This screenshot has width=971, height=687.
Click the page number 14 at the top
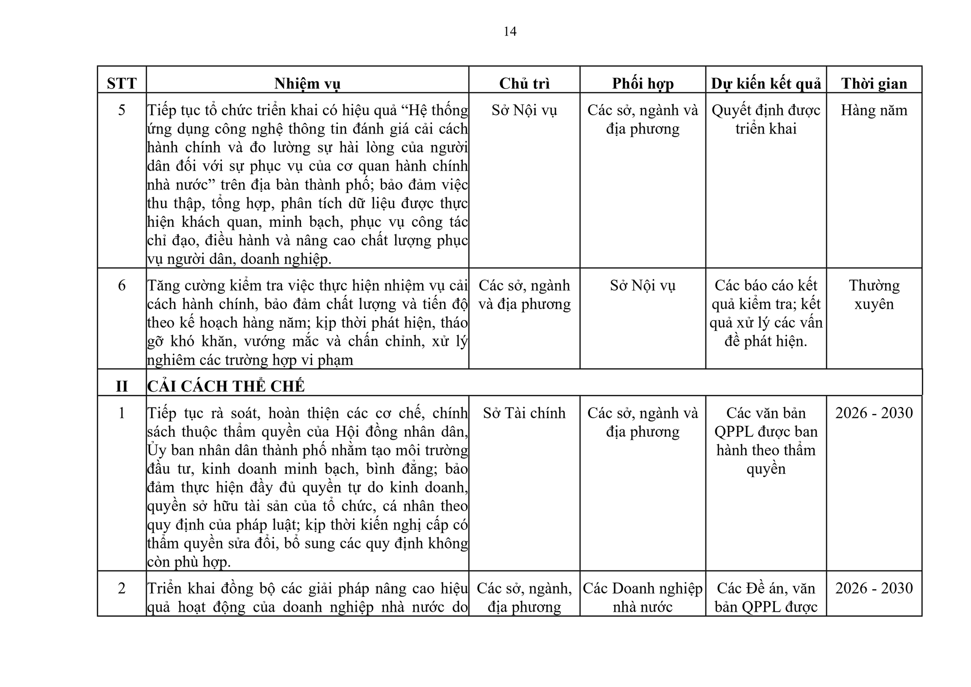510,32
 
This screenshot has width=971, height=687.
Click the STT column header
122,84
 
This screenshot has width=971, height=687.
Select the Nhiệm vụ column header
307,84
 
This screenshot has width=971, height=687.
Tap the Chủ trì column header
524,84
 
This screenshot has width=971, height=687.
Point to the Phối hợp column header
643,84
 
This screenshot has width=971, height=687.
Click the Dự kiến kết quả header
766,84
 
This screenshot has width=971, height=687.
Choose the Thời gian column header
874,84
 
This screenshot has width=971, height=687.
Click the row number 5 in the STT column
122,110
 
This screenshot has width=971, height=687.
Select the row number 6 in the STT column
122,286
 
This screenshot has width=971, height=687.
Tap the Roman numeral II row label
122,386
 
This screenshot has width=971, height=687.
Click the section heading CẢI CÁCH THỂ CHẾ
226,386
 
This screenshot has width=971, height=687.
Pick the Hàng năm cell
874,110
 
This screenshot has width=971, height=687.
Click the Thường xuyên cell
874,294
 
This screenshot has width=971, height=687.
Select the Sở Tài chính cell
524,413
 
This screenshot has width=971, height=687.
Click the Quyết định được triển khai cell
766,120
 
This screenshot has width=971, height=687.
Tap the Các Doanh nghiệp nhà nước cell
643,598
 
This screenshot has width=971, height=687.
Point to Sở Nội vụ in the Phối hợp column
643,286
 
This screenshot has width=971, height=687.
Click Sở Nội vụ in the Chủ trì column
524,110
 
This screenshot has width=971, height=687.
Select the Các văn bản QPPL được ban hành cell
766,441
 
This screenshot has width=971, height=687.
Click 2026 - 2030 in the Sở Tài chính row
874,413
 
